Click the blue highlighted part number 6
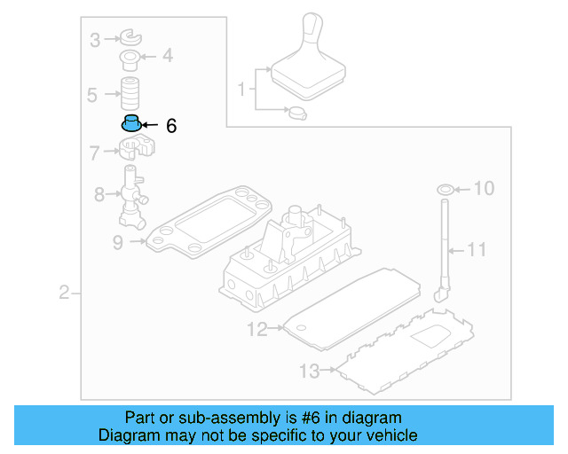click(131, 123)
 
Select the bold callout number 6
click(171, 126)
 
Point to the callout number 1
click(241, 90)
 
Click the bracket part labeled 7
click(133, 149)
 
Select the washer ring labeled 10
click(444, 188)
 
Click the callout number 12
click(256, 331)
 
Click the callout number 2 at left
click(64, 293)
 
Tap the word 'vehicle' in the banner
click(390, 435)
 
